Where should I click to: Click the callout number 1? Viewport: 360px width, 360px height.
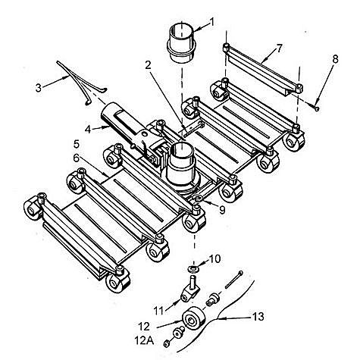211,22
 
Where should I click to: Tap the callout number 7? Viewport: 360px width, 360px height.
279,49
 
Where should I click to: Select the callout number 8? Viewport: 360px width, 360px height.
335,59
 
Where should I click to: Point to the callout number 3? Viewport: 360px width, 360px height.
39,88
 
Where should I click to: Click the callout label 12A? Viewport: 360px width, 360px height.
144,341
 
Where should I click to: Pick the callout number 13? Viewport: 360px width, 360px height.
258,317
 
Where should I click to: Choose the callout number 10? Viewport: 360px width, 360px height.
214,258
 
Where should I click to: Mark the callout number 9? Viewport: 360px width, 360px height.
222,210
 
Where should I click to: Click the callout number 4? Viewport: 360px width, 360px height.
88,130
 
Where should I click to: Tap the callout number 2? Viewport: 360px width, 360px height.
148,65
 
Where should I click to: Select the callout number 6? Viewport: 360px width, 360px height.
77,158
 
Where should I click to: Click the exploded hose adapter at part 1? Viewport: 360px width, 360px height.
182,43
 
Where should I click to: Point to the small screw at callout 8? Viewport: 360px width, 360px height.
316,108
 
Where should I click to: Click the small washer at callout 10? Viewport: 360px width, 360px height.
193,268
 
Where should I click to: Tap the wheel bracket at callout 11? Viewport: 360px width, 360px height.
190,289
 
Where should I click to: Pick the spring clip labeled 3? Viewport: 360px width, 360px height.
81,82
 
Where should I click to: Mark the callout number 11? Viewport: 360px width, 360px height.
159,311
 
